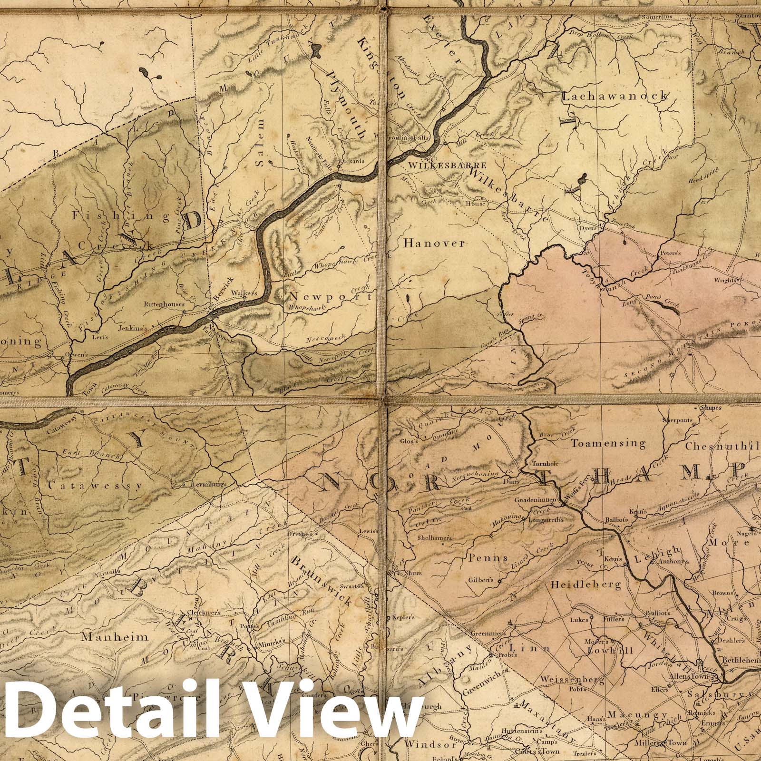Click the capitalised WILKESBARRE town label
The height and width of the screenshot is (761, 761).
(x=447, y=166)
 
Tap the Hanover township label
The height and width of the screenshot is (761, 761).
(x=433, y=243)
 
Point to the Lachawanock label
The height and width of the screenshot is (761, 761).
(x=615, y=97)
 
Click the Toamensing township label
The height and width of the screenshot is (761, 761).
(x=608, y=444)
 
